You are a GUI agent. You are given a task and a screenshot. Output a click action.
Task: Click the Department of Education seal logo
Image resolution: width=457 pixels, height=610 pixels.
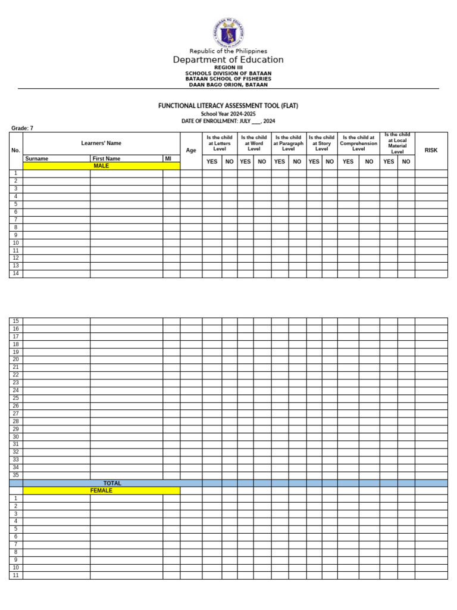coord(228,33)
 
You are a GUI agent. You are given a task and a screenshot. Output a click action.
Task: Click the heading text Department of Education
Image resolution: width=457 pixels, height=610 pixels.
coord(228,60)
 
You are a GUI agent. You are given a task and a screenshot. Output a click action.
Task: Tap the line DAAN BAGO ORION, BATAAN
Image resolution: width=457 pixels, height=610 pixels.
coord(228,85)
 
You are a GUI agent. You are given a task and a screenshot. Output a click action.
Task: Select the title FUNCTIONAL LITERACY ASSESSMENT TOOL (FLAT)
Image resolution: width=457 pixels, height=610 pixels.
coord(228,105)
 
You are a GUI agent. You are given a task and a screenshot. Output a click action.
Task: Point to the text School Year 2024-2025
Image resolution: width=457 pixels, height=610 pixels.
coord(228,113)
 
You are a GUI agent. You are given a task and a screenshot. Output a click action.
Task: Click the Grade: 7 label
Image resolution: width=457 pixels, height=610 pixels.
coord(23,128)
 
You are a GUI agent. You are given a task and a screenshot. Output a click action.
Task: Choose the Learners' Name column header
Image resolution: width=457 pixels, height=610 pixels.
coord(101,143)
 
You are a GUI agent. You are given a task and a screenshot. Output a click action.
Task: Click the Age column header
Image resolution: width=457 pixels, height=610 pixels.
coord(191,151)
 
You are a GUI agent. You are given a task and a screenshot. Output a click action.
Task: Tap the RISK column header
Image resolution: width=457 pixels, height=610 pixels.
coord(431,151)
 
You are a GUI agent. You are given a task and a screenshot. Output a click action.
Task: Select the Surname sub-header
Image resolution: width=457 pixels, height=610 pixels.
coord(37,159)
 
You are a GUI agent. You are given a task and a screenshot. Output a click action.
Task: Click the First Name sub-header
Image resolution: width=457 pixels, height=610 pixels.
coord(107,159)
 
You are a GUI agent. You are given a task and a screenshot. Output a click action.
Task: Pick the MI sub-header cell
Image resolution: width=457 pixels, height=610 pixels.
coord(168,159)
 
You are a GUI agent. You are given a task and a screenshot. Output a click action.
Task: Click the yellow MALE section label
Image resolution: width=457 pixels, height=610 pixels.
coord(101,166)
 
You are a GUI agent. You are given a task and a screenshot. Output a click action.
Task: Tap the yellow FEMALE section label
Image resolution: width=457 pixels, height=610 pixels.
coord(101,491)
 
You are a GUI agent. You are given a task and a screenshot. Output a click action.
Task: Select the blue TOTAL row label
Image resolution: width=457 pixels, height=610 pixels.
coord(112,483)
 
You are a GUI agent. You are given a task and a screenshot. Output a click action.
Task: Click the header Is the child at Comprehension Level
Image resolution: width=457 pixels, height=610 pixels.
coord(358,143)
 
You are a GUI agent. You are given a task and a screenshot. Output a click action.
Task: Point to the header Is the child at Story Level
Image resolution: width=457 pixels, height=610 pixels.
coord(321,143)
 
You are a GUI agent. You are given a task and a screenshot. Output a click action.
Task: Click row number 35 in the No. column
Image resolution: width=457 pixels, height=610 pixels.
coord(16,475)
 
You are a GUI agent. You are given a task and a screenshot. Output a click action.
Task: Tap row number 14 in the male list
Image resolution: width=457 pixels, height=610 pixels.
coord(16,273)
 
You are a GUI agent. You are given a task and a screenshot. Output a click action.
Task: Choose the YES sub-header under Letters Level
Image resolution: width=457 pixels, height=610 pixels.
coord(212,161)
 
